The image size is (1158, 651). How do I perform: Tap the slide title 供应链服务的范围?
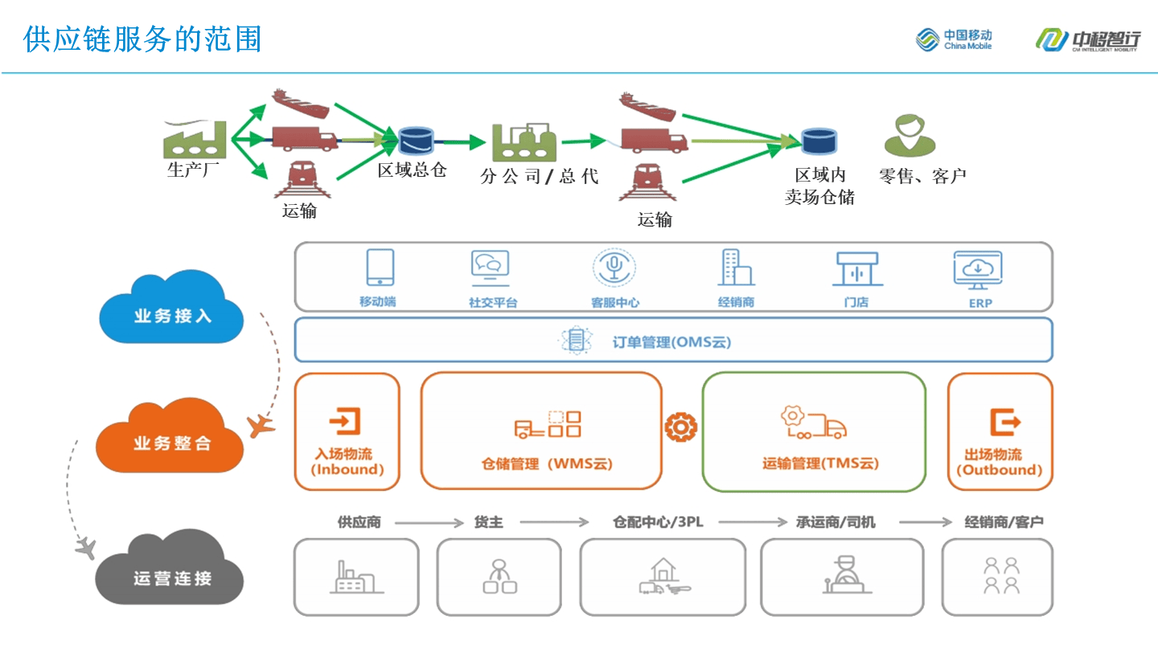(142, 39)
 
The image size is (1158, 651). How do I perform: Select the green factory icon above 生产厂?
(195, 139)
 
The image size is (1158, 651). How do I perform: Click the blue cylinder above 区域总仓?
(415, 140)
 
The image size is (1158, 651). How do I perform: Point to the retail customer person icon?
(910, 134)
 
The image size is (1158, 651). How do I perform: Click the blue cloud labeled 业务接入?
(171, 309)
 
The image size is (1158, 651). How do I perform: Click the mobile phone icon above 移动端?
(380, 268)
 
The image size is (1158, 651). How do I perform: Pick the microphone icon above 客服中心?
(614, 268)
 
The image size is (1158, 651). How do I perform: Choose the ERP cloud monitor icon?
(978, 270)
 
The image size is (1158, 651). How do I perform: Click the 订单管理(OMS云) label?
(671, 342)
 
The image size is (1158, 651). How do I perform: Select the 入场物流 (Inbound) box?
(347, 432)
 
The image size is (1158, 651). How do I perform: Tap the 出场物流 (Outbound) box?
(1000, 432)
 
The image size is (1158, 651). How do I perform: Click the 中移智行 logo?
(1086, 39)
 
